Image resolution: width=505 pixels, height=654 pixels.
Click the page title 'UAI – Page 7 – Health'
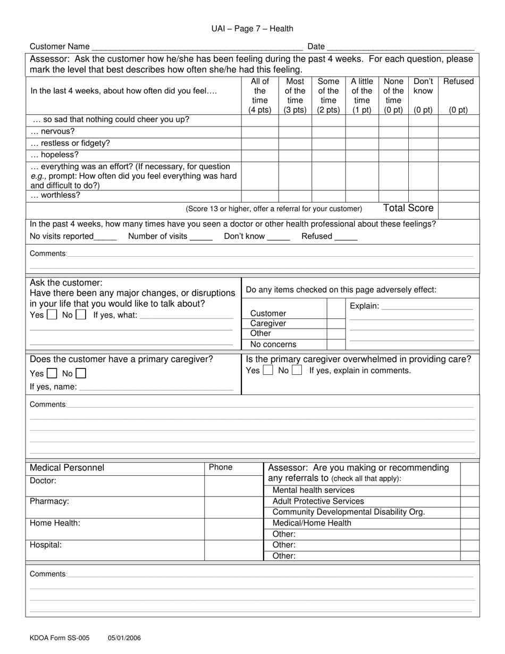tap(252, 29)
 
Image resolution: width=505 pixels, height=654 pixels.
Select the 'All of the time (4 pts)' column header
tap(260, 96)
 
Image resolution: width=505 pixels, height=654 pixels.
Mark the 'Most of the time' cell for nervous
tap(295, 131)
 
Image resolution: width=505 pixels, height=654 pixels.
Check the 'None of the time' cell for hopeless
tap(393, 155)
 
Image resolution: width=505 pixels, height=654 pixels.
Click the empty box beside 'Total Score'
tap(459, 209)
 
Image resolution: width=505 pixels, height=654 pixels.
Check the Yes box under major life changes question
tap(52, 315)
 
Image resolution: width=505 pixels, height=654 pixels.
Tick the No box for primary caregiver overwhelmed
tap(297, 370)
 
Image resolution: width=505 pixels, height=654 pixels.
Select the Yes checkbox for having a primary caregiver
tap(52, 374)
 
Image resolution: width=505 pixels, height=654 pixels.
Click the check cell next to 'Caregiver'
tap(335, 323)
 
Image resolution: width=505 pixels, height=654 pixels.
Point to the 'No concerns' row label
tap(273, 344)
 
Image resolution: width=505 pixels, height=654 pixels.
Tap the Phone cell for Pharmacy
tap(234, 507)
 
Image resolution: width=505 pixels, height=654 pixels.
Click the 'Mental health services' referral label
tap(313, 490)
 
